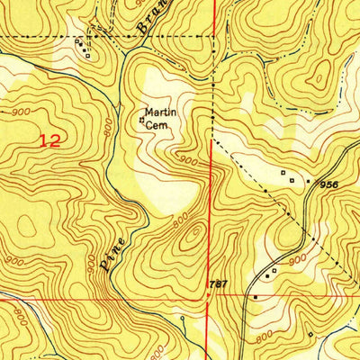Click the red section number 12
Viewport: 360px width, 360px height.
click(x=51, y=140)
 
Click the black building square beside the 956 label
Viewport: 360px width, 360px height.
click(x=309, y=181)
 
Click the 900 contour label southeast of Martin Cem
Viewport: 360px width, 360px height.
click(x=186, y=160)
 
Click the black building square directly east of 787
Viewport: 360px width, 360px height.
click(x=256, y=295)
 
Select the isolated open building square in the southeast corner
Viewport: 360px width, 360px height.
click(x=310, y=335)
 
